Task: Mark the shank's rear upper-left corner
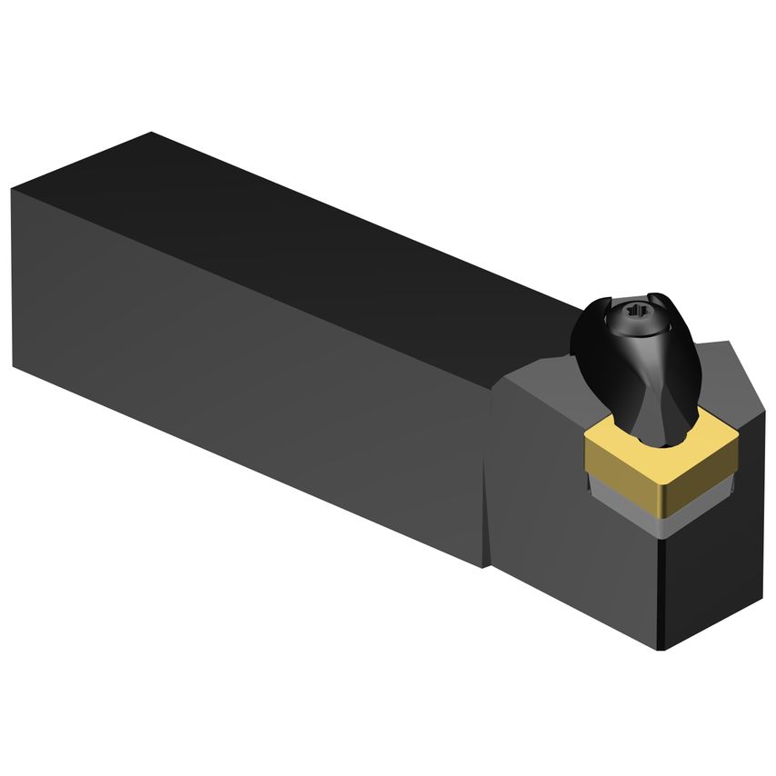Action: [x=13, y=189]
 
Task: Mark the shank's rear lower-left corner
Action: [x=15, y=366]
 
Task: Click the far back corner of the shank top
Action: [x=151, y=133]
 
